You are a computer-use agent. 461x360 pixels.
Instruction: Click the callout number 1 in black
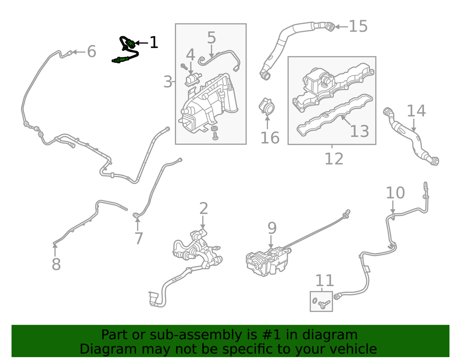[153, 43]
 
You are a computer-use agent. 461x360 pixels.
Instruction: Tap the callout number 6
[91, 51]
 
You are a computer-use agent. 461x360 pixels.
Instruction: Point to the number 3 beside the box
[167, 82]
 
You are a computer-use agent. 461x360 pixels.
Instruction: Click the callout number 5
[211, 38]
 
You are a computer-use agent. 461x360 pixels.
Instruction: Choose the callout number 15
[358, 26]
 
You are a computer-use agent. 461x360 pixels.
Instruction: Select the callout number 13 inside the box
[359, 131]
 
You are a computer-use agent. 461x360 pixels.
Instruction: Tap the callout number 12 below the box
[334, 158]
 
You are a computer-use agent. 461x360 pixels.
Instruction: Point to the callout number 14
[416, 111]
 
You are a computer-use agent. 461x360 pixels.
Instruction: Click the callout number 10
[395, 193]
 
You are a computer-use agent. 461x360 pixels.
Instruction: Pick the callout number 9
[272, 228]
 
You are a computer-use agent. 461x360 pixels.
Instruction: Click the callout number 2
[204, 209]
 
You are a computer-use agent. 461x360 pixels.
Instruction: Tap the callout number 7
[138, 238]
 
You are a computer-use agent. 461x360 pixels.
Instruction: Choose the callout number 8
[56, 264]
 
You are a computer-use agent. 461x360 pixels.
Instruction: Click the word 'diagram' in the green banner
[329, 335]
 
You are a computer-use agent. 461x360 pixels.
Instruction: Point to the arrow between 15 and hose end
[340, 26]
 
